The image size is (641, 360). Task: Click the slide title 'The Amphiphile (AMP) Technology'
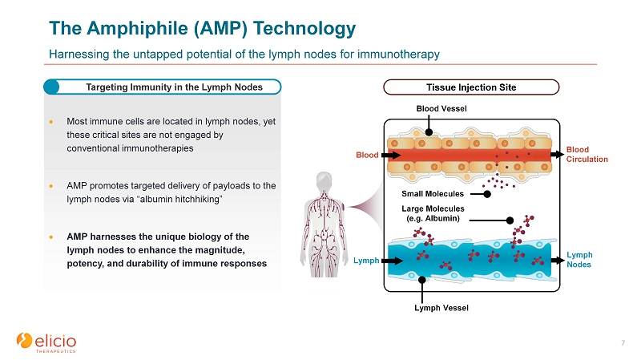(203, 29)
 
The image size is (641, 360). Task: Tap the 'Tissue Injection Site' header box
(471, 87)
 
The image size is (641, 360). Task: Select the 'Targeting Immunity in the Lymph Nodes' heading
(174, 87)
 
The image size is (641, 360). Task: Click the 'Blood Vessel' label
(441, 108)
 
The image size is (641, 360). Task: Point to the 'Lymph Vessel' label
(441, 308)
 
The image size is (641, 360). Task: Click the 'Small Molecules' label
(433, 193)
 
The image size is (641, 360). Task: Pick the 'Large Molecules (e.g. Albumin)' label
(433, 213)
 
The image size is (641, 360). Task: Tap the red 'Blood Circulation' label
(587, 154)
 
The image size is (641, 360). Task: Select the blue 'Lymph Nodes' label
(579, 259)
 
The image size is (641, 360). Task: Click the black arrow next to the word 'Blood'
(391, 155)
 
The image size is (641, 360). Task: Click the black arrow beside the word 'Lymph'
(392, 261)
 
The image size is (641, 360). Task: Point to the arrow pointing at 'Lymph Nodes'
(558, 261)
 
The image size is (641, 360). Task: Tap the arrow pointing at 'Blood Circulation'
(558, 154)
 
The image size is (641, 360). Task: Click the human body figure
(325, 224)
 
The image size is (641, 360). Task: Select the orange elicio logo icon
(24, 341)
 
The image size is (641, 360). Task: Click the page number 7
(623, 343)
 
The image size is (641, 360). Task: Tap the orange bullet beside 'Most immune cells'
(51, 122)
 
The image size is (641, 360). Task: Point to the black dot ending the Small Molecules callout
(487, 194)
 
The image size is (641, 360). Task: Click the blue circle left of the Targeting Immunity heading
(51, 87)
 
